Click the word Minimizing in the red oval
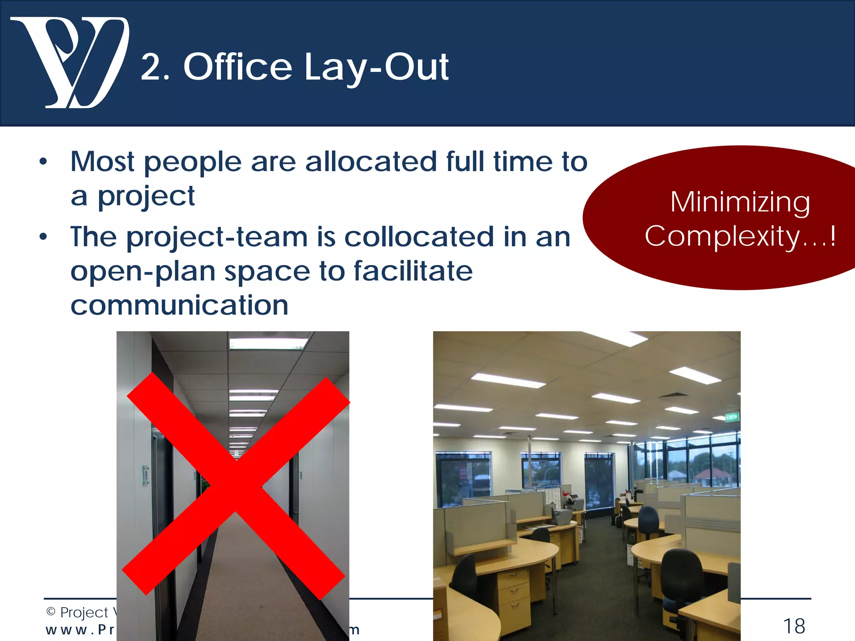coord(740,202)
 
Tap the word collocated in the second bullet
coord(419,237)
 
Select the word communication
coord(180,305)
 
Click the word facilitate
coord(413,271)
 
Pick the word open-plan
coord(143,272)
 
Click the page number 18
coord(794,626)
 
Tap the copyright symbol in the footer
coord(51,612)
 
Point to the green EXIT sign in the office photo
coord(732,416)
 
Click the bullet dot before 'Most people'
coord(43,162)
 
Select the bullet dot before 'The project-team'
coord(43,237)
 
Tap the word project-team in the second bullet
coord(217,237)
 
